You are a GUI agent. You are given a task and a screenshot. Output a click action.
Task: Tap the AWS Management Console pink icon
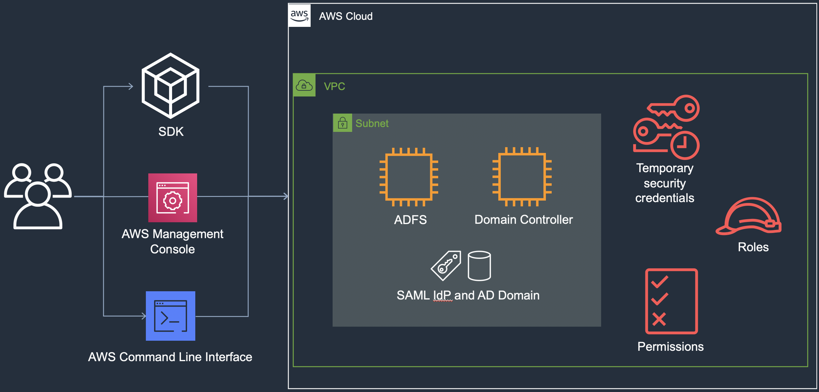tap(173, 198)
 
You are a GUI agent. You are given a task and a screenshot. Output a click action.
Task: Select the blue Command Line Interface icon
tap(170, 316)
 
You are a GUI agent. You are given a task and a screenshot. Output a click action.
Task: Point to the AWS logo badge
tap(299, 16)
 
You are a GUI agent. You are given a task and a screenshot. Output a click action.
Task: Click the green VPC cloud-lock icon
tap(304, 85)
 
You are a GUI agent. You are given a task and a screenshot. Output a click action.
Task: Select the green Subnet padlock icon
tap(342, 123)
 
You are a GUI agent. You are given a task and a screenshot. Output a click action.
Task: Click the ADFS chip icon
tap(409, 177)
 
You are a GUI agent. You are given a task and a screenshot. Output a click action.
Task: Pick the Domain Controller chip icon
tap(522, 176)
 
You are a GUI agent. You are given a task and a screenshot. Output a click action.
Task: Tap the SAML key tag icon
tap(446, 266)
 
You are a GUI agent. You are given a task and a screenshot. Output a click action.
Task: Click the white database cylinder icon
tap(479, 266)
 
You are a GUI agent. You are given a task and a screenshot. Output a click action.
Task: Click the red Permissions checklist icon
tap(671, 301)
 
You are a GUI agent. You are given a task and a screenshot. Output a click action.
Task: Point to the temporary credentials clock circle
tap(685, 145)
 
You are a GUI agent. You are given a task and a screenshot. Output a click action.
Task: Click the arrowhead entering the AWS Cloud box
tap(286, 196)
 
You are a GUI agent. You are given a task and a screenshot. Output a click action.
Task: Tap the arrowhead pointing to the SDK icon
tap(131, 86)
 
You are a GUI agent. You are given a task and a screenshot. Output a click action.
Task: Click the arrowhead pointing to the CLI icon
tap(144, 316)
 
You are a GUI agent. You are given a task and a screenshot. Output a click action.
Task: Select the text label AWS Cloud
tap(346, 16)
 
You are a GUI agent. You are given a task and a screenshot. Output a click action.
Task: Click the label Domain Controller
tap(523, 220)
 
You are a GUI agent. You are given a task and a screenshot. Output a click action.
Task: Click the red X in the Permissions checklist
tap(659, 319)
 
